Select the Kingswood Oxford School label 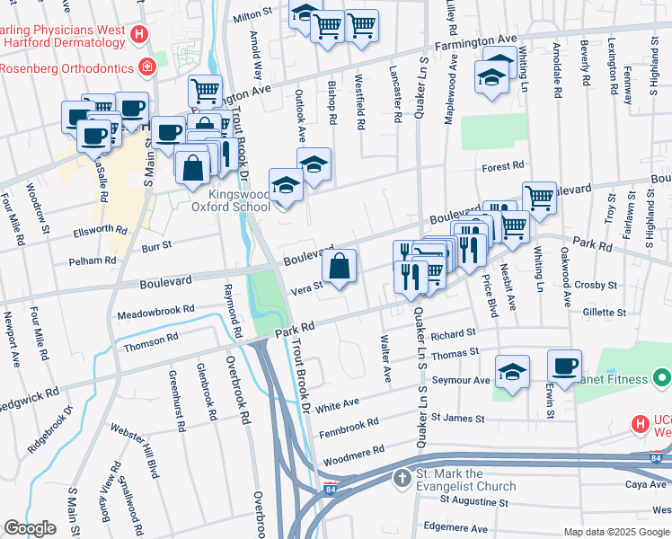[226, 200]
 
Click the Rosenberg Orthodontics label [66, 67]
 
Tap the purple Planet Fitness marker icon [661, 379]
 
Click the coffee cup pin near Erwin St [565, 368]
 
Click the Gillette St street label [604, 313]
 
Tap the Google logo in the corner [31, 527]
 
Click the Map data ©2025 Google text [616, 531]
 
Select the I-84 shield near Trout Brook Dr [331, 489]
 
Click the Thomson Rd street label [145, 342]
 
